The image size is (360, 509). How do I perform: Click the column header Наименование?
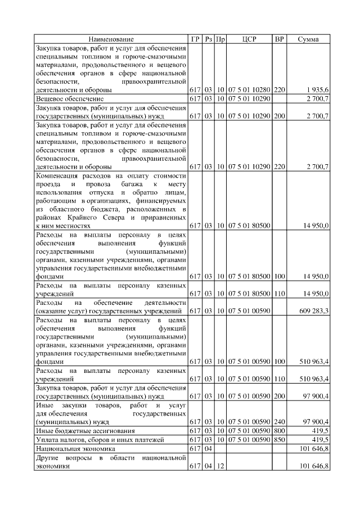click(x=111, y=39)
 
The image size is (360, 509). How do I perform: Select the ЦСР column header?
click(x=249, y=39)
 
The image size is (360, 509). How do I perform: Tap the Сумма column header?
click(x=308, y=39)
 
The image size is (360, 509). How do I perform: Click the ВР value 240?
click(x=280, y=421)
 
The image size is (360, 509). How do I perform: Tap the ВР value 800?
click(x=280, y=430)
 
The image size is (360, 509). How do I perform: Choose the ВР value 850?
click(x=280, y=439)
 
